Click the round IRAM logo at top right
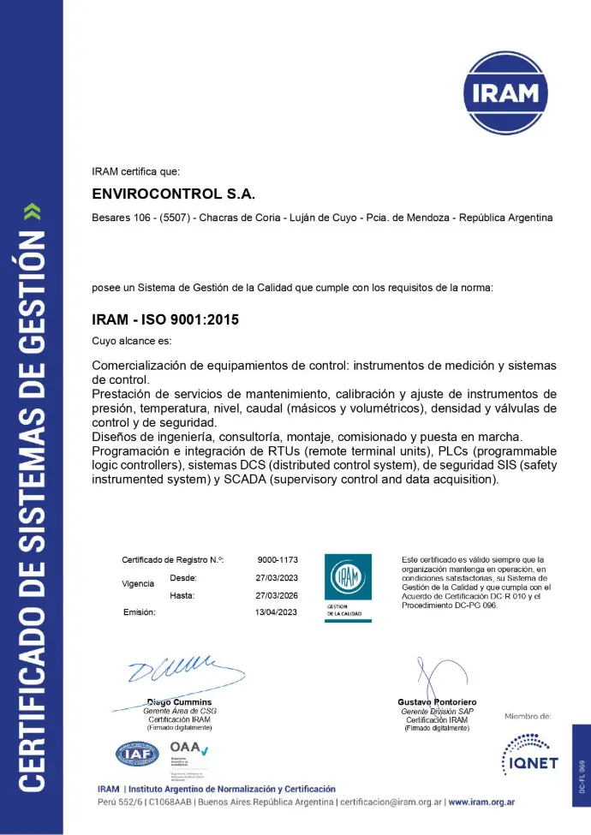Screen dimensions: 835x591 click(x=504, y=92)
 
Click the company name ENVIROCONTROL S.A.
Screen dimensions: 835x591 click(x=174, y=194)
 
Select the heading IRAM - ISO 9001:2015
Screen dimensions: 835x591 click(x=165, y=320)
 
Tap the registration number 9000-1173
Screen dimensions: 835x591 click(x=278, y=559)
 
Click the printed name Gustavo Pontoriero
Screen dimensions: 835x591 click(x=437, y=702)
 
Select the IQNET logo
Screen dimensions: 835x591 click(x=528, y=754)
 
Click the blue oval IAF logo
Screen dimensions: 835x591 click(x=137, y=754)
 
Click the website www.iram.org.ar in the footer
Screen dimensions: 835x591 click(x=481, y=802)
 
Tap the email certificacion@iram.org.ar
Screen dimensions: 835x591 click(x=391, y=802)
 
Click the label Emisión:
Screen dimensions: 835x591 click(x=139, y=612)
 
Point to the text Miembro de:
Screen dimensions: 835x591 click(x=528, y=715)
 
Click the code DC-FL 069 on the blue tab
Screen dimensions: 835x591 click(x=582, y=776)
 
